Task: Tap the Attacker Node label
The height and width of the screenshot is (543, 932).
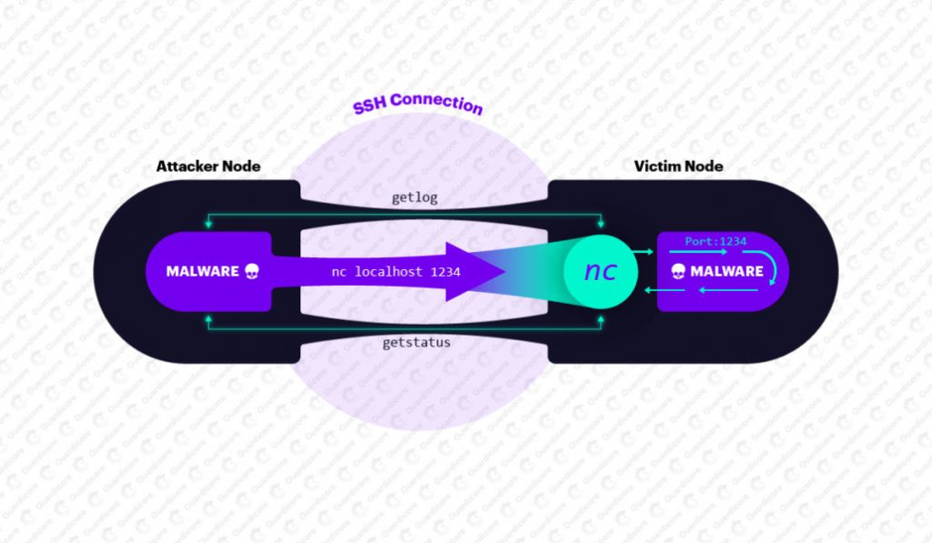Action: (x=208, y=166)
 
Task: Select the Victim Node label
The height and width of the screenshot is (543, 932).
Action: (x=679, y=166)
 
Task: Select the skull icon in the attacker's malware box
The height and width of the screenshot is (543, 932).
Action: (x=251, y=271)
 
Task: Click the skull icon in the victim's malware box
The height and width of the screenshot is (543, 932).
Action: (x=678, y=271)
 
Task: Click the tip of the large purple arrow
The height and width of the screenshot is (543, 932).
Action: (x=502, y=271)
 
